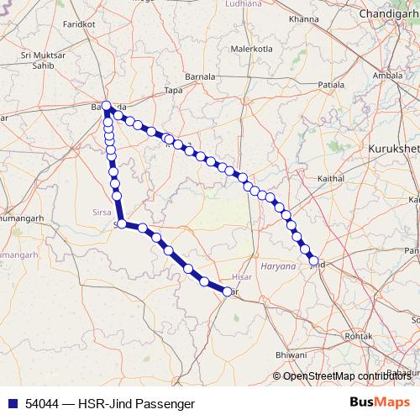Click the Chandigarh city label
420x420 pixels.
click(x=387, y=14)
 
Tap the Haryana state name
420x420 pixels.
click(x=278, y=266)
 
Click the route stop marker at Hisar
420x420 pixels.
click(x=227, y=291)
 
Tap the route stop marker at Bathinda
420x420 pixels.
click(x=107, y=106)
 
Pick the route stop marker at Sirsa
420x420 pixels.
click(x=122, y=224)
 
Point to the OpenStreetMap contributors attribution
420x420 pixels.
click(x=345, y=376)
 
